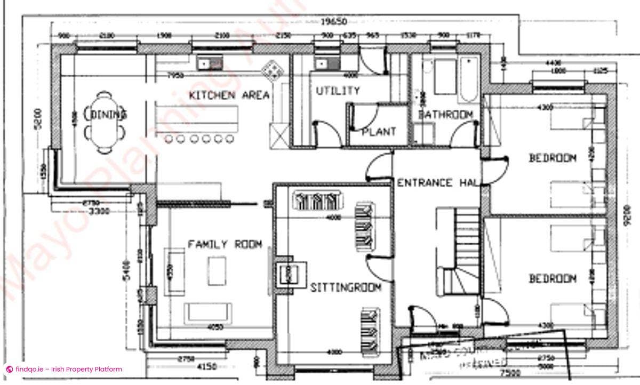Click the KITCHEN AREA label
[x=229, y=95]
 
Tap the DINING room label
[x=108, y=114]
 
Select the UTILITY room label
[x=337, y=91]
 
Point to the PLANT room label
[x=379, y=131]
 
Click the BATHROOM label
[x=445, y=115]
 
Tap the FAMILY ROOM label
[x=225, y=244]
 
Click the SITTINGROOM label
[x=346, y=287]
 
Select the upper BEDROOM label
[x=552, y=158]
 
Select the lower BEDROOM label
[x=552, y=278]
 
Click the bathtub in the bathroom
[x=469, y=79]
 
